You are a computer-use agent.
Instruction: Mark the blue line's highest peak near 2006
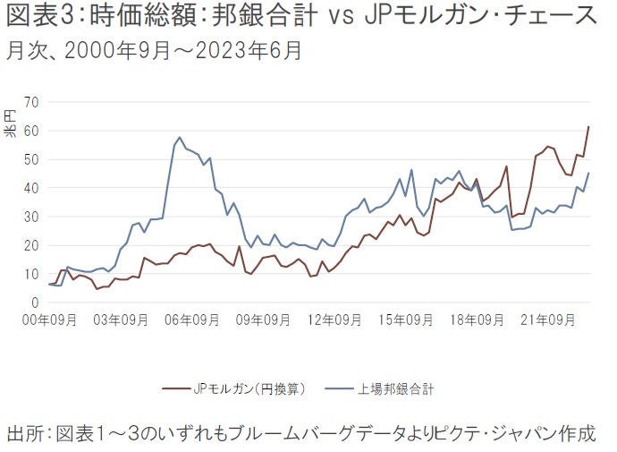click(179, 138)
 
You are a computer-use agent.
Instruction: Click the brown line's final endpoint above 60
click(588, 127)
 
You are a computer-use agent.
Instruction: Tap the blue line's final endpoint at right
click(588, 173)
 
